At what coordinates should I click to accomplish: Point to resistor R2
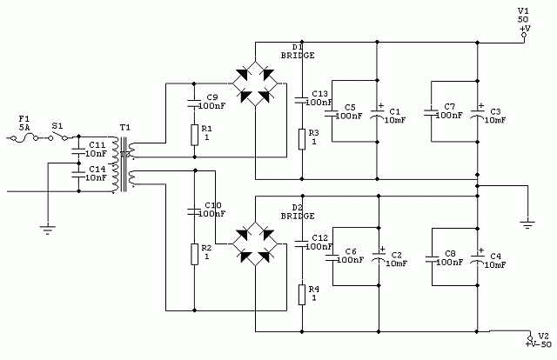193,253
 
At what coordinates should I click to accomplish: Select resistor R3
301,138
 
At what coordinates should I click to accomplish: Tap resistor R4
301,294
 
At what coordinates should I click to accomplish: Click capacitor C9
193,103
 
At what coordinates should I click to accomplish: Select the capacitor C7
431,112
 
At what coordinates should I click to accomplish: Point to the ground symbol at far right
527,223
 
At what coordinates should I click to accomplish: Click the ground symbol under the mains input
44,230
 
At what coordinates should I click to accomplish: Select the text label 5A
24,127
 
